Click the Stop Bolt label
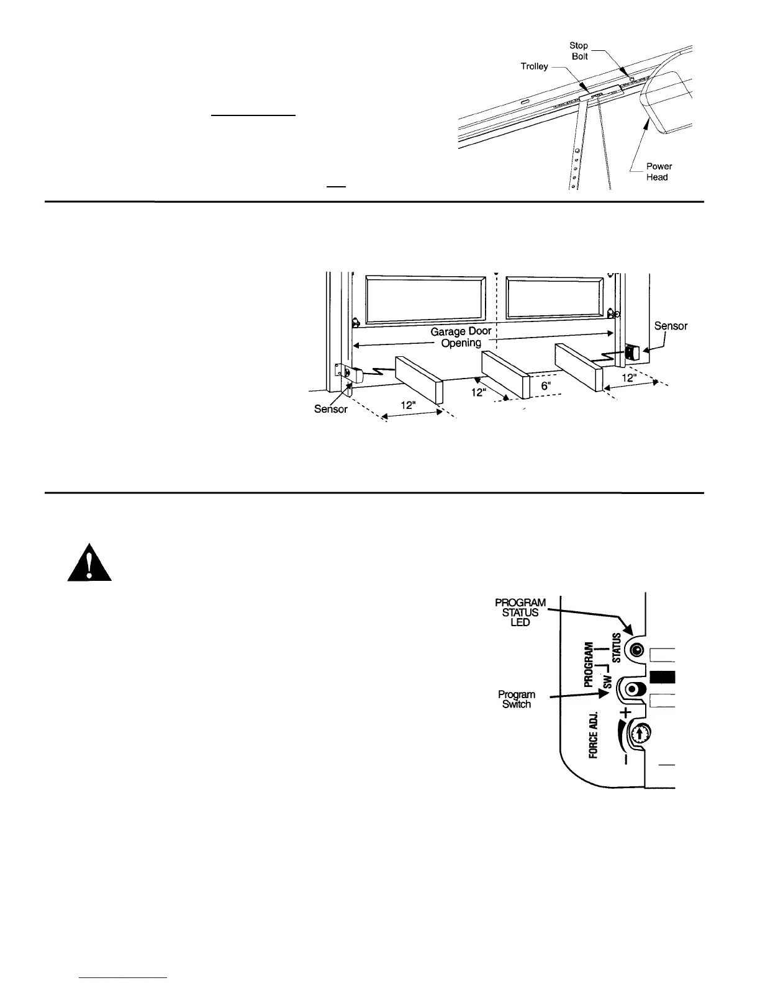(x=579, y=51)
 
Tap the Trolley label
(x=534, y=66)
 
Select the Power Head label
(x=658, y=171)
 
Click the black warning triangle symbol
(x=89, y=563)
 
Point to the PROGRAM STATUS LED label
(x=520, y=612)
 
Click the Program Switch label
(x=516, y=699)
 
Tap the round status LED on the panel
(x=636, y=650)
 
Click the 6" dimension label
(x=546, y=385)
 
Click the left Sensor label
(x=330, y=410)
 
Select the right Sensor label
(x=671, y=326)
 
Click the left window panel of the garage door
(x=425, y=299)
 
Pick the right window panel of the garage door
(x=554, y=299)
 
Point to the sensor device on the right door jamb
(x=633, y=353)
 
